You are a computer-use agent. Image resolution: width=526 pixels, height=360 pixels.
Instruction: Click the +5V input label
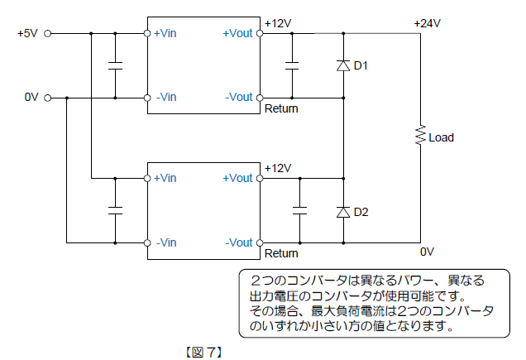coord(26,34)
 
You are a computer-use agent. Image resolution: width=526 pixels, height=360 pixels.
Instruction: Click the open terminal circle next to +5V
coord(47,34)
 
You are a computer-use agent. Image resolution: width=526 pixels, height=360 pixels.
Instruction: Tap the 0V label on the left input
coord(31,97)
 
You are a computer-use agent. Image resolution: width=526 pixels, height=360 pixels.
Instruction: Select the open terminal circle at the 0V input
coord(47,97)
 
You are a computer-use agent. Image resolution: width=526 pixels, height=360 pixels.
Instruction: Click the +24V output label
coord(428,23)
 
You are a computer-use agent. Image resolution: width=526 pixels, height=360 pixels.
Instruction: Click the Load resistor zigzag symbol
coord(420,136)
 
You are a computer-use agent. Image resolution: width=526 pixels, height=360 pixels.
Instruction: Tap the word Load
coord(441,138)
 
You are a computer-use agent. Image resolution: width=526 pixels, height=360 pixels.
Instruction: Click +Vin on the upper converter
coord(165,34)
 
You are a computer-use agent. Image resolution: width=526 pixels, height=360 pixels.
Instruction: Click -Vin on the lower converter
coord(165,242)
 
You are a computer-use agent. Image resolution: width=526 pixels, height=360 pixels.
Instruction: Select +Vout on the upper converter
coord(237,34)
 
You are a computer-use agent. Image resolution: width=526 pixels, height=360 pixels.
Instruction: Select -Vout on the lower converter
coord(238,242)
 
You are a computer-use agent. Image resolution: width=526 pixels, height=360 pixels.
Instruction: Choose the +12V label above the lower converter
coord(278,168)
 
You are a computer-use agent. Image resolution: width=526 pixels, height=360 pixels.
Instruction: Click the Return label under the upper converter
coord(281,108)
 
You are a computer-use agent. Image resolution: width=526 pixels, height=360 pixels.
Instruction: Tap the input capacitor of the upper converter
coord(115,65)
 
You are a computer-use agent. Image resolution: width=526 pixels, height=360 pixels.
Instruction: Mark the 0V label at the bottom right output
coord(427,252)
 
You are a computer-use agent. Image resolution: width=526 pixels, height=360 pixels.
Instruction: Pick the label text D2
coord(361,212)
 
